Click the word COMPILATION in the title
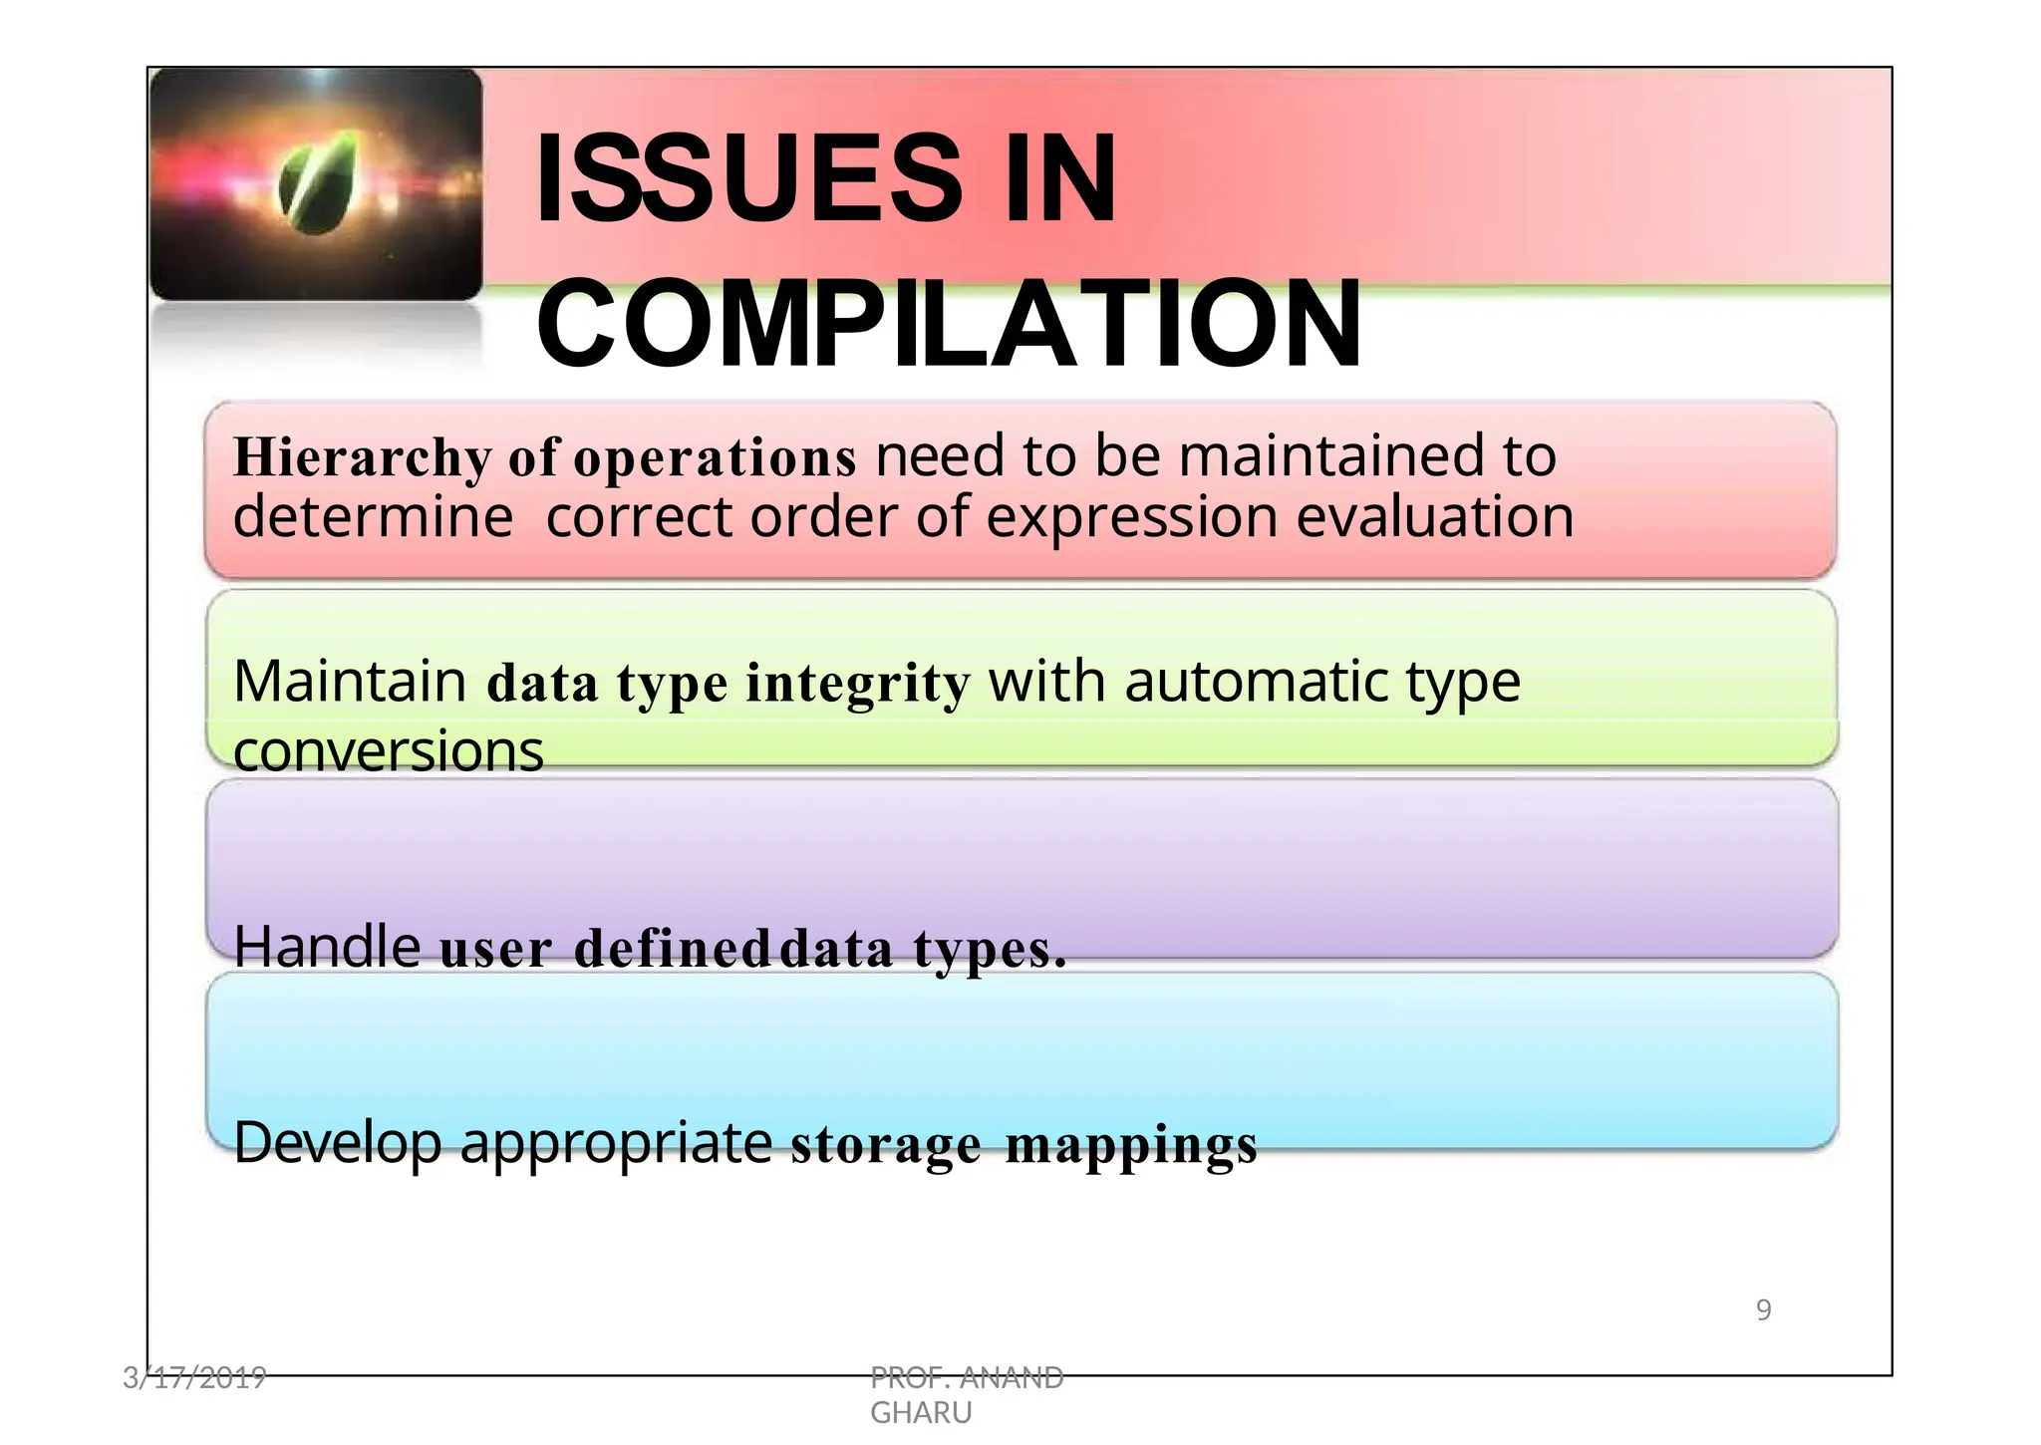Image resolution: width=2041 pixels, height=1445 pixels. (949, 324)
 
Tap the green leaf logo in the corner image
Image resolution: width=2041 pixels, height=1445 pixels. (317, 182)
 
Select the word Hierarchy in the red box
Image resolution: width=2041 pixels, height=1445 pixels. (362, 458)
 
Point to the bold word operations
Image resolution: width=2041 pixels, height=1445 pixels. (715, 458)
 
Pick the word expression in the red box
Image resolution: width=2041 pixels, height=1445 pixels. (1131, 517)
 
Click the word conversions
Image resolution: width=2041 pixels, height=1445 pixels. (388, 750)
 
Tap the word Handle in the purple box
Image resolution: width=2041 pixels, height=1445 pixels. (327, 946)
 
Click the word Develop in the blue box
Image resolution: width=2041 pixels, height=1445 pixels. (338, 1142)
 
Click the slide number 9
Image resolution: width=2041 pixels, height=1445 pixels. (1763, 1309)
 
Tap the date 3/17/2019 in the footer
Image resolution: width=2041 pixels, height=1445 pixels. (194, 1378)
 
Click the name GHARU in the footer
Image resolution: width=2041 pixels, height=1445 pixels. (921, 1413)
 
